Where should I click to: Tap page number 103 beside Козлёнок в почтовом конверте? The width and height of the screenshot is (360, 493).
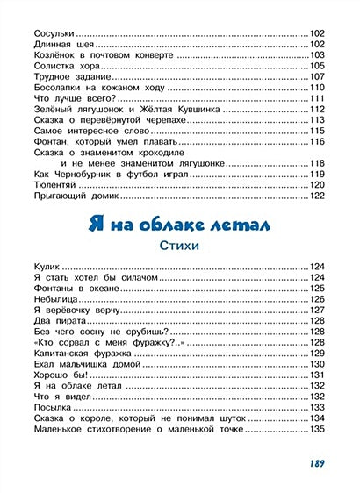[x=318, y=54]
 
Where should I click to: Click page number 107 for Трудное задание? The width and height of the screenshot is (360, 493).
[x=318, y=76]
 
